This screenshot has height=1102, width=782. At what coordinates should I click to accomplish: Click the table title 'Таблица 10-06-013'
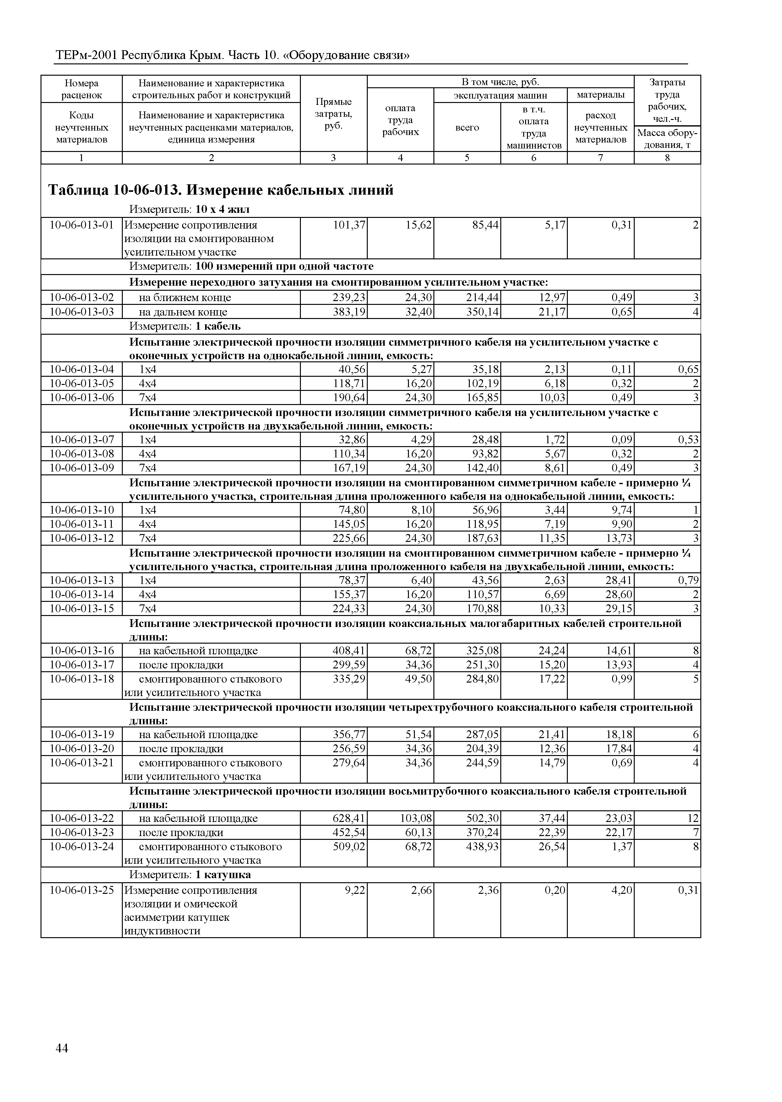221,190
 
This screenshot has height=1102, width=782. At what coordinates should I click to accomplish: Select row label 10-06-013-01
82,225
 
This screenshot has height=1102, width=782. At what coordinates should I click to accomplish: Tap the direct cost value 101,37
349,225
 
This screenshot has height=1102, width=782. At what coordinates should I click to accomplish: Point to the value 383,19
349,312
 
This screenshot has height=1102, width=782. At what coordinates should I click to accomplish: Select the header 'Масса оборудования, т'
667,139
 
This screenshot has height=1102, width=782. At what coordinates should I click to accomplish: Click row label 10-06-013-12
82,538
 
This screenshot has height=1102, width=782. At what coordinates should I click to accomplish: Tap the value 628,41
349,818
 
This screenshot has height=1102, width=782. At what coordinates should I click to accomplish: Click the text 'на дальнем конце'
183,312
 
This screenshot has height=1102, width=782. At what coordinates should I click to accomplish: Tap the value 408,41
349,651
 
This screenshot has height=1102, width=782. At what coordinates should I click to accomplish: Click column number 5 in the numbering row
467,158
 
